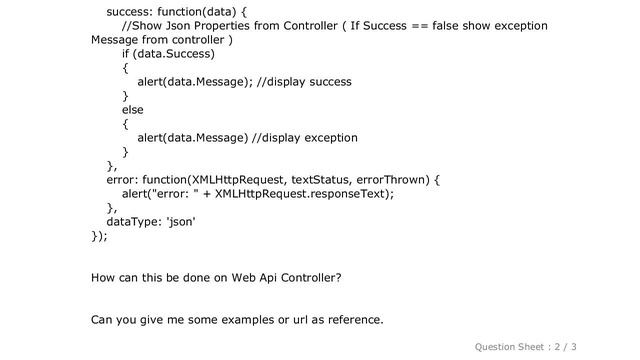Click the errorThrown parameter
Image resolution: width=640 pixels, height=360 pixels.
tap(392, 180)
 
